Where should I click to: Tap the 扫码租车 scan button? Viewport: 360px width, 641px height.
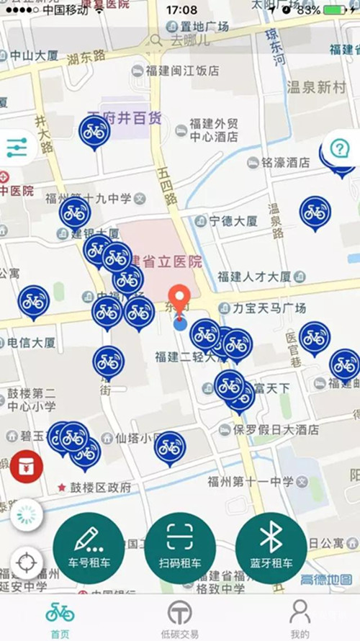[x=180, y=547]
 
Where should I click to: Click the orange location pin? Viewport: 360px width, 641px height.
[x=179, y=300]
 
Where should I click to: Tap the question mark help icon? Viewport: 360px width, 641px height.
[x=339, y=148]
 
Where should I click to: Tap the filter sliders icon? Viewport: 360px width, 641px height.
[x=16, y=148]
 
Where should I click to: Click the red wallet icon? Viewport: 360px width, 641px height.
[x=27, y=467]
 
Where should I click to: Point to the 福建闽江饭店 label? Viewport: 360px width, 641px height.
[x=182, y=71]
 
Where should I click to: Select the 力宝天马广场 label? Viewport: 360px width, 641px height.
[x=270, y=308]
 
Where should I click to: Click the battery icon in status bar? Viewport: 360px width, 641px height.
[x=336, y=10]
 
